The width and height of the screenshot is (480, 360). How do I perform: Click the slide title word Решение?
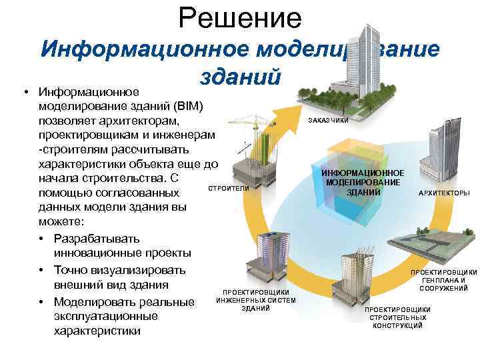tap(240, 17)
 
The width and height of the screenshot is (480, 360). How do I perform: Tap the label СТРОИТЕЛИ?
tap(229, 189)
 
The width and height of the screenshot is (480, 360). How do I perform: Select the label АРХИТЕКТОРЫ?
tap(443, 193)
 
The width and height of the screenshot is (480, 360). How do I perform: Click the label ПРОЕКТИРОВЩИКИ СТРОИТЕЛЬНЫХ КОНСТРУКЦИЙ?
tap(397, 317)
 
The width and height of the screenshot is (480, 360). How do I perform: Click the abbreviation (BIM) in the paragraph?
tap(192, 107)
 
